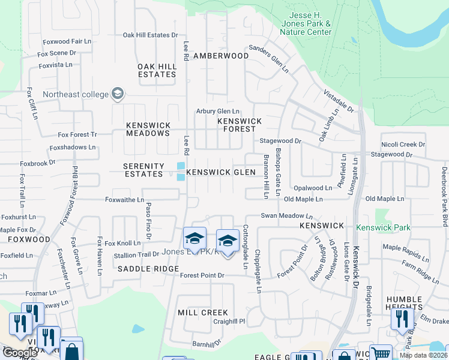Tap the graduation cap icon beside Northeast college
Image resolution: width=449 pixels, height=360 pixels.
[x=118, y=94]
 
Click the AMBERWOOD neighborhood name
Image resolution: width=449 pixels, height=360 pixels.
[x=220, y=56]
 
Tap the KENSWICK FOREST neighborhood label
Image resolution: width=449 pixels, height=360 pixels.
[x=240, y=125]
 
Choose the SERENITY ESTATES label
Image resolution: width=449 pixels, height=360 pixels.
[x=143, y=170]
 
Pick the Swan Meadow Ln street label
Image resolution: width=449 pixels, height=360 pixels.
[x=286, y=215]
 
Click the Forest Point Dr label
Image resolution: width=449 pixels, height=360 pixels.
[x=202, y=275]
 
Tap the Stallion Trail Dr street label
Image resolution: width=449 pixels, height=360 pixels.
[x=133, y=254]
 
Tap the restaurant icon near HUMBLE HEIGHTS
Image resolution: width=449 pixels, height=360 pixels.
[x=402, y=319]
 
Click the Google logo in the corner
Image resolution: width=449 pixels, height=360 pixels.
[x=20, y=353]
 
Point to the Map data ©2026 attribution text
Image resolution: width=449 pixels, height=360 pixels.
[x=423, y=355]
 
